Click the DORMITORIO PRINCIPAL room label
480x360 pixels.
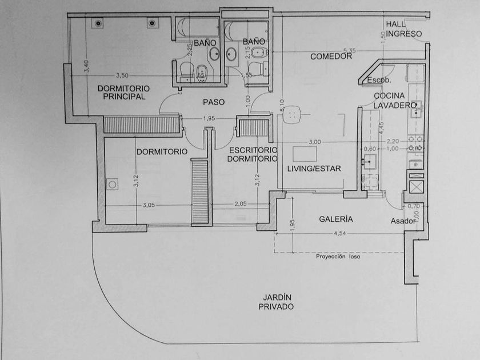(x=123, y=93)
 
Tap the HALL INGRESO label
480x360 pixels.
(x=403, y=29)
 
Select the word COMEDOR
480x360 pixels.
(x=330, y=57)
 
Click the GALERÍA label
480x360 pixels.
(x=335, y=219)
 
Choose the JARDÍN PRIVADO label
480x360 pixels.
(x=276, y=302)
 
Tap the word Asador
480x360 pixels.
(x=402, y=221)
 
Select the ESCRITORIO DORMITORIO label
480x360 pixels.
(x=252, y=154)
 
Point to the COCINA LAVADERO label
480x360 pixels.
(x=394, y=101)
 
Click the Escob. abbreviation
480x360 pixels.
(x=378, y=79)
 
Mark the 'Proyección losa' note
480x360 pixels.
(x=339, y=257)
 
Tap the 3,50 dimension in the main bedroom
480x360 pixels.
(x=122, y=75)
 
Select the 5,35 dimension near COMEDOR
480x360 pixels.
(x=349, y=50)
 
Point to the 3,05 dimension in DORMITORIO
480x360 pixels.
(x=148, y=205)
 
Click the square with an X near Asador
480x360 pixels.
(x=416, y=186)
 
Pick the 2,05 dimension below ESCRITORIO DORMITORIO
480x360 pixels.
(x=241, y=205)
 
